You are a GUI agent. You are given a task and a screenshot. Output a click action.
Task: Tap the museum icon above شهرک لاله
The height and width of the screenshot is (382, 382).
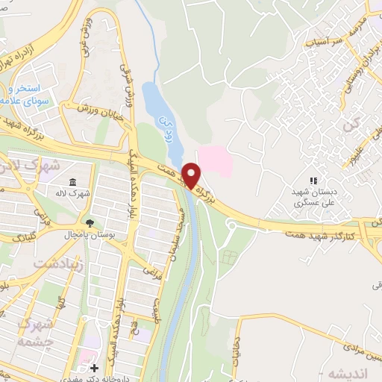[x=72, y=183]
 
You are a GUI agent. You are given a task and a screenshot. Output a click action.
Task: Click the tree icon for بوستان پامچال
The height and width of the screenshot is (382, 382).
[x=90, y=223]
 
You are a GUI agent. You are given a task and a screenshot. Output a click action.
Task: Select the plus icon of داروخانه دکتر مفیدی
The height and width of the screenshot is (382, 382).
[x=94, y=368]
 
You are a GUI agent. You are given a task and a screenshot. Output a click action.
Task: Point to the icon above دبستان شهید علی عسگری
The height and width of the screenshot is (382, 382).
[x=313, y=181]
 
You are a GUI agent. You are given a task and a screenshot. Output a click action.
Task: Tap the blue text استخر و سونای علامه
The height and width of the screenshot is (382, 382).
[x=26, y=94]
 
